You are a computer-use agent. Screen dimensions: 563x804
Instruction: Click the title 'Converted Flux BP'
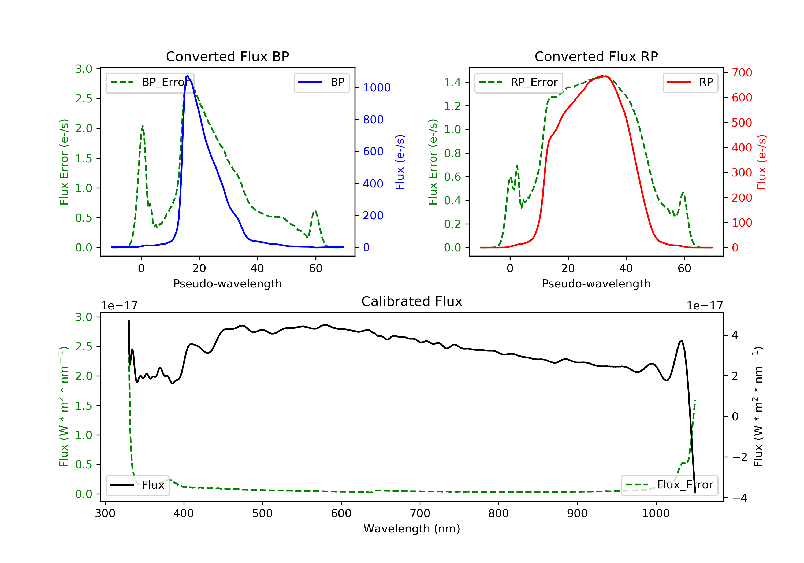227,56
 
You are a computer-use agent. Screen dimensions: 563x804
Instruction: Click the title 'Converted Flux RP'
596,56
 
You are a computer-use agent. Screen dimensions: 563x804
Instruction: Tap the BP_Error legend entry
150,82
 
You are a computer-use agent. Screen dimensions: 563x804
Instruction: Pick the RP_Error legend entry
519,82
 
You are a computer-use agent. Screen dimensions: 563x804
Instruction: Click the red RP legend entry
690,82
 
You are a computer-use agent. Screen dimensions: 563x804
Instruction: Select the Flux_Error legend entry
669,485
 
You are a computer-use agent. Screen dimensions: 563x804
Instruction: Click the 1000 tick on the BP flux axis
377,88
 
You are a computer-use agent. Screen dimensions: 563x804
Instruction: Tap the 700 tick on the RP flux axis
742,73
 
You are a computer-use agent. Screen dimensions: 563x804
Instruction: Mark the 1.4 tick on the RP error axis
452,82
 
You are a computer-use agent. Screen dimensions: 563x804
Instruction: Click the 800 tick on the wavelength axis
498,514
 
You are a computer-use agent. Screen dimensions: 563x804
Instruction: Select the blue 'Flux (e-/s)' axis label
400,162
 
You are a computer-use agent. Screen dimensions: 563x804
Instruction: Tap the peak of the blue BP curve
188,76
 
